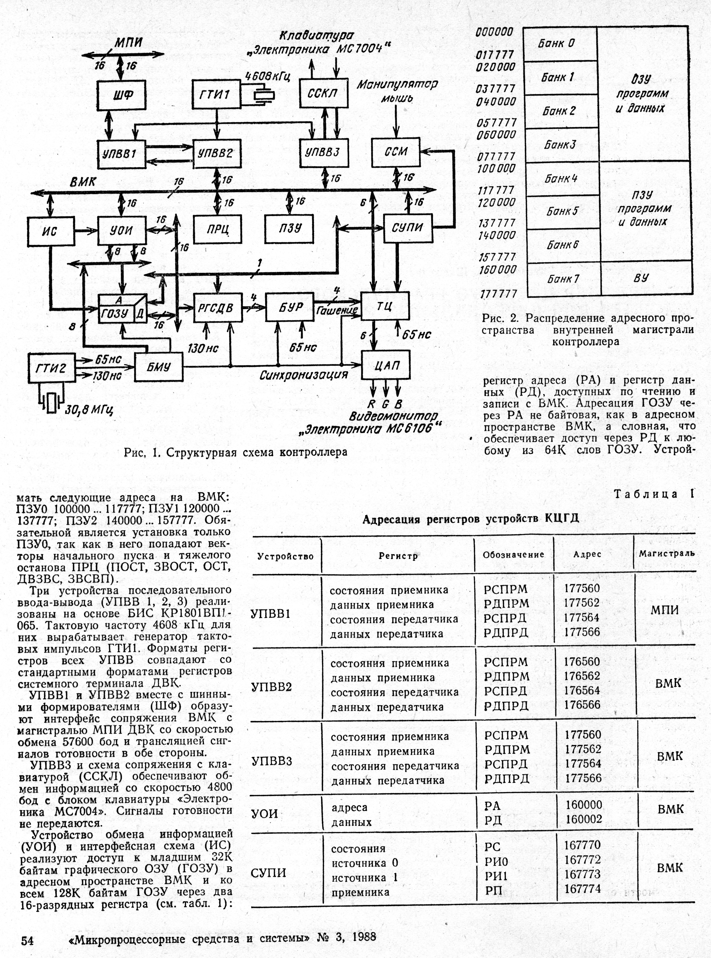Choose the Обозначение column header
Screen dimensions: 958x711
click(x=513, y=555)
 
